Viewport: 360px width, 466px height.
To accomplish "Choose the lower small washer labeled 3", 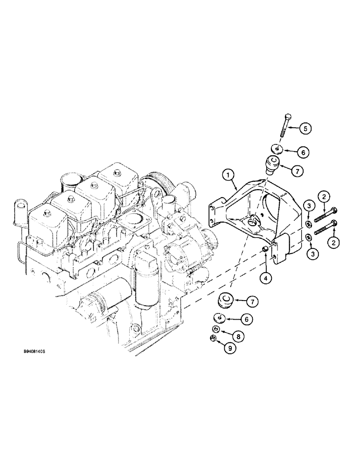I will pyautogui.click(x=309, y=238).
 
